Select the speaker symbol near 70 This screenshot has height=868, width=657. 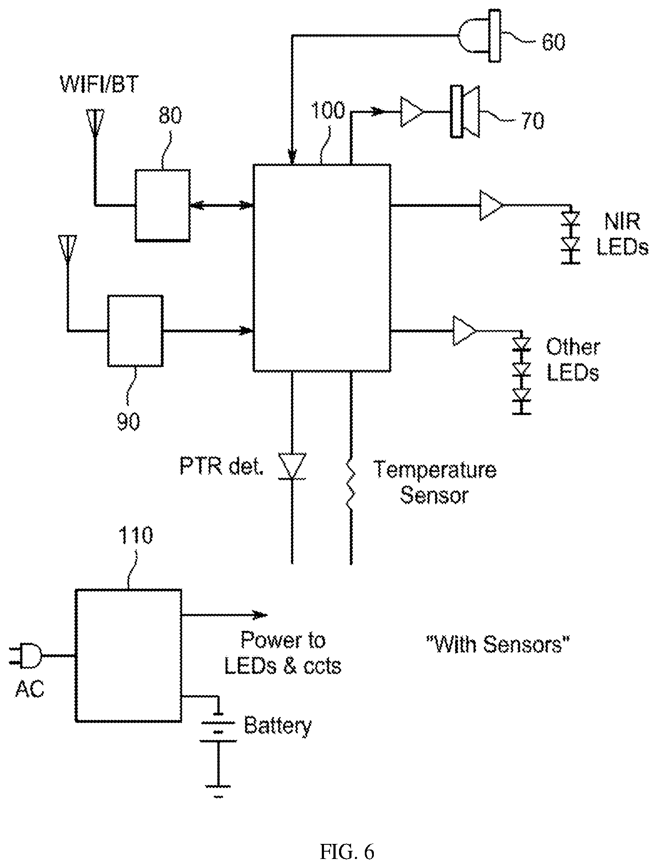point(465,112)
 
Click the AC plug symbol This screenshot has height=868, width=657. point(27,656)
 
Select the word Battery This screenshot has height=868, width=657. point(278,725)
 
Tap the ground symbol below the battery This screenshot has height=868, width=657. point(219,790)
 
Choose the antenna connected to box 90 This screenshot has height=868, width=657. point(67,248)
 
